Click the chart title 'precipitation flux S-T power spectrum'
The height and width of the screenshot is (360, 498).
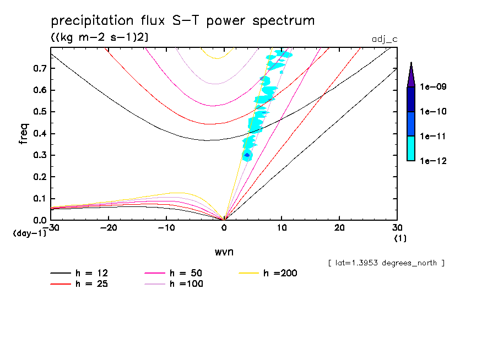coord(183,21)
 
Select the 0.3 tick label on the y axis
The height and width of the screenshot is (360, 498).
coord(39,155)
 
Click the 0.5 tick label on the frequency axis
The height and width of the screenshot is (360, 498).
coord(39,112)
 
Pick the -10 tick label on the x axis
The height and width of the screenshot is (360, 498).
coord(166,227)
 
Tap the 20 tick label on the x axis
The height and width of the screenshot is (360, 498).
coord(339,227)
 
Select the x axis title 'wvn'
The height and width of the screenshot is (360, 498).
coord(224,252)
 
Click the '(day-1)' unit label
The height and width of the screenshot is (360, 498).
coord(30,233)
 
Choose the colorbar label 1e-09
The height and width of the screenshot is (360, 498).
coord(433,87)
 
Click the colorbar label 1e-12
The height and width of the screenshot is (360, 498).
coord(433,161)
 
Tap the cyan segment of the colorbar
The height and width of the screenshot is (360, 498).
coord(411,148)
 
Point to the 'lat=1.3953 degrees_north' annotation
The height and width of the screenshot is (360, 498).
coord(386,263)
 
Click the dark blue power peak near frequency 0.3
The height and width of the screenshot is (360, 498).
coord(247,155)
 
